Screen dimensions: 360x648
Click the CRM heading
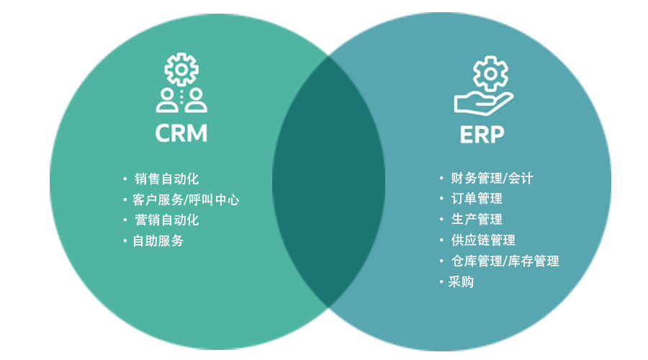181,134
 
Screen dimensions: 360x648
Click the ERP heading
482,135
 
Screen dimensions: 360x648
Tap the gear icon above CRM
181,70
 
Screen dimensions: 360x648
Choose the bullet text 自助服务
158,241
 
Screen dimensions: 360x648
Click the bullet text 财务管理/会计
492,178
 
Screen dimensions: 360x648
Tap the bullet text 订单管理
476,199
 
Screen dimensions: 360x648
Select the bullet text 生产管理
476,219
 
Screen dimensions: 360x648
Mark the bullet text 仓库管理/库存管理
505,261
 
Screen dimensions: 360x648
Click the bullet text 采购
461,282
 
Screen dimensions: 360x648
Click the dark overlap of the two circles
328,180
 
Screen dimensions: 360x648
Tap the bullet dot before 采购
441,282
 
